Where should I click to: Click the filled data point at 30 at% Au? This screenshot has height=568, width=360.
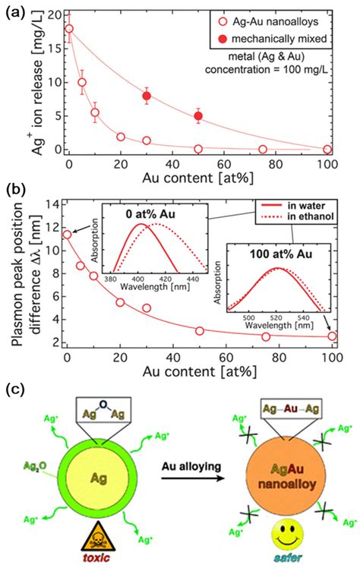coord(147,96)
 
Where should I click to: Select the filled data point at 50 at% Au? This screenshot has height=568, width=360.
coord(198,116)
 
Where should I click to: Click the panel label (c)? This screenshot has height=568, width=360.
coord(17,390)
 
